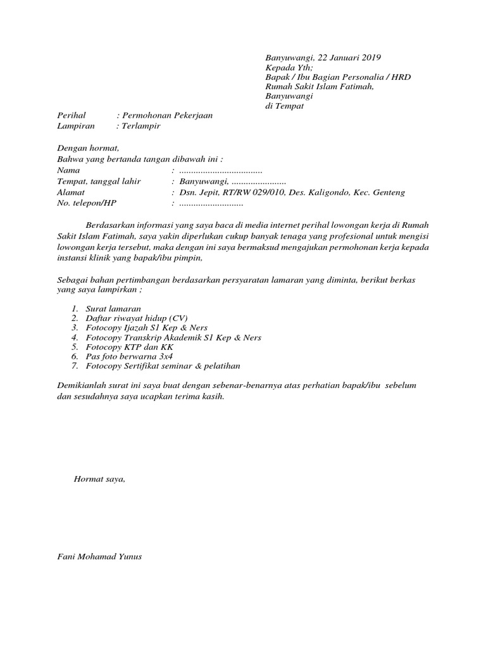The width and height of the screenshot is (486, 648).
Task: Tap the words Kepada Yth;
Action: [289, 67]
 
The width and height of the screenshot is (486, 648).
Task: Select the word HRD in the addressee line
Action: [401, 77]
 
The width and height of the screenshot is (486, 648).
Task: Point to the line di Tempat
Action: [284, 106]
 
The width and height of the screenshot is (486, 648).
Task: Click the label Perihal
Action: [70, 116]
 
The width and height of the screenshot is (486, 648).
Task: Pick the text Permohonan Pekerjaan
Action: [168, 116]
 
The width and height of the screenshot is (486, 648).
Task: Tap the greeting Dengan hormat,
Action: [88, 149]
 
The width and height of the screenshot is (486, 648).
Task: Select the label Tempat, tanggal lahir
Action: [99, 182]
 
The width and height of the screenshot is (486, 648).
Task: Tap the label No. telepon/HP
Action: [87, 203]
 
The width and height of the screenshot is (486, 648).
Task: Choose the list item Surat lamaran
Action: [113, 308]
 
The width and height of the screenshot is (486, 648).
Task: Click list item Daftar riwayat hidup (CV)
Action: [137, 318]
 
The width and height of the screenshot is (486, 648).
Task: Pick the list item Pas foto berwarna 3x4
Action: [131, 357]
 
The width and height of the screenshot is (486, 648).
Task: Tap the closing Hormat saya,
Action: [99, 479]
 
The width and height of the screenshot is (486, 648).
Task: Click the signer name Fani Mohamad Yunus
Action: [99, 557]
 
